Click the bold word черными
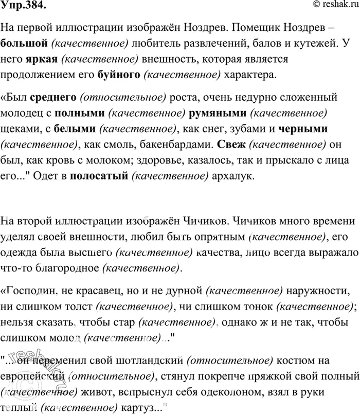pos(303,126)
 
